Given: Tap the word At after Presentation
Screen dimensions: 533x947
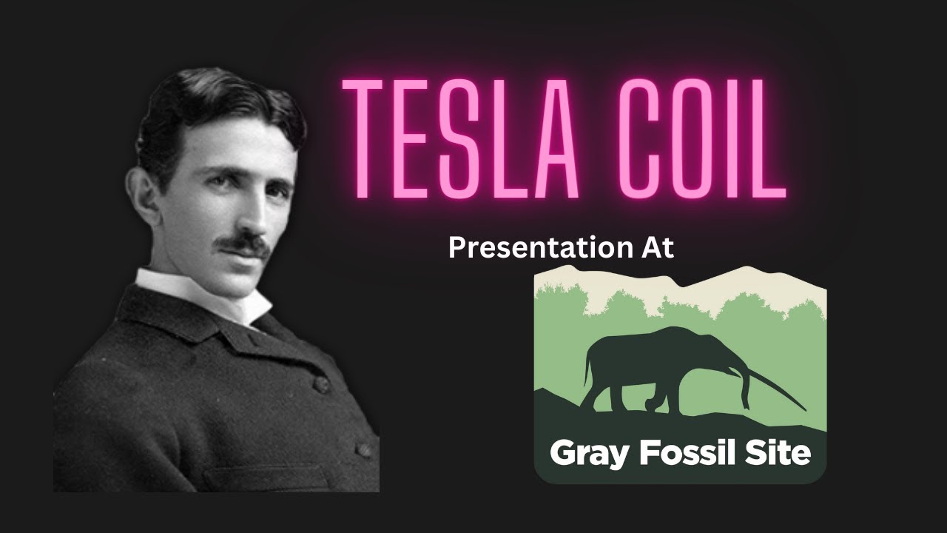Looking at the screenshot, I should pos(654,247).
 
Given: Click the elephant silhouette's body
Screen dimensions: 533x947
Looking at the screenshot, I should pos(651,363).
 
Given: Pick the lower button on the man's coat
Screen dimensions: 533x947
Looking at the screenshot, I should pos(364,450).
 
